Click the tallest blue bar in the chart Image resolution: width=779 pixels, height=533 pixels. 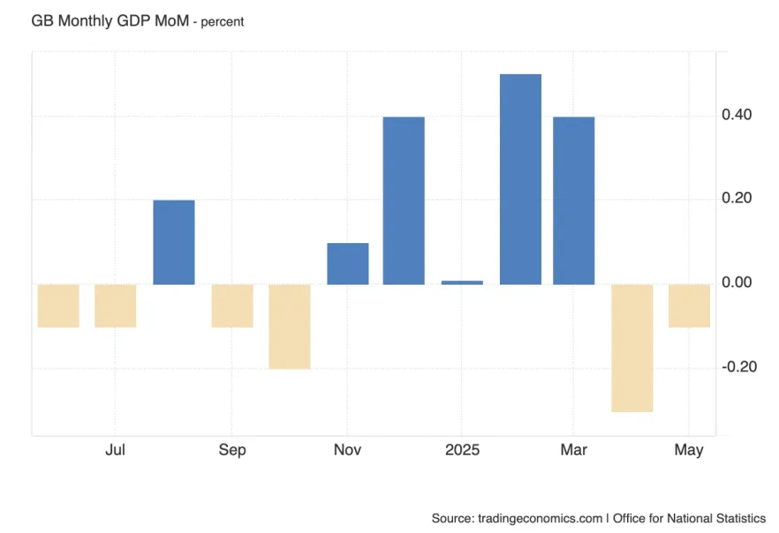520,179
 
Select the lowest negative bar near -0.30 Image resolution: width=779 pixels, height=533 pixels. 632,347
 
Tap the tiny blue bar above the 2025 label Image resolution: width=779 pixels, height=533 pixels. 462,282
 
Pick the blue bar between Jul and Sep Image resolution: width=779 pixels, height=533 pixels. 173,242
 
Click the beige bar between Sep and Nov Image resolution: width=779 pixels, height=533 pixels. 289,326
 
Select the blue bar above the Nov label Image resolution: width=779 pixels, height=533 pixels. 347,263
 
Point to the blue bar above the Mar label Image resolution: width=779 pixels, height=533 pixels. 573,201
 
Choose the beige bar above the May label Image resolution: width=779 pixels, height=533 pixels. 689,306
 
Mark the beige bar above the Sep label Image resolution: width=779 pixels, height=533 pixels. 231,306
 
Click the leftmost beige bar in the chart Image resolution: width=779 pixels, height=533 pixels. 57,306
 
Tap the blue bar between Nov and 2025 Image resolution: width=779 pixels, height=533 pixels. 404,201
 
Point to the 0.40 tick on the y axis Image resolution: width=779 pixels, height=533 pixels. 737,115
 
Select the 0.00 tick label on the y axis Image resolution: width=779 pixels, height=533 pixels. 737,283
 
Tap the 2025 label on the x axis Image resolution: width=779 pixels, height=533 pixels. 462,450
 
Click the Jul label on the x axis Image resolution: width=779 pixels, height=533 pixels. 115,450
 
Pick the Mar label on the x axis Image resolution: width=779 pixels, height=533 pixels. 573,450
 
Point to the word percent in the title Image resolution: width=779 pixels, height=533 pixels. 223,21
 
